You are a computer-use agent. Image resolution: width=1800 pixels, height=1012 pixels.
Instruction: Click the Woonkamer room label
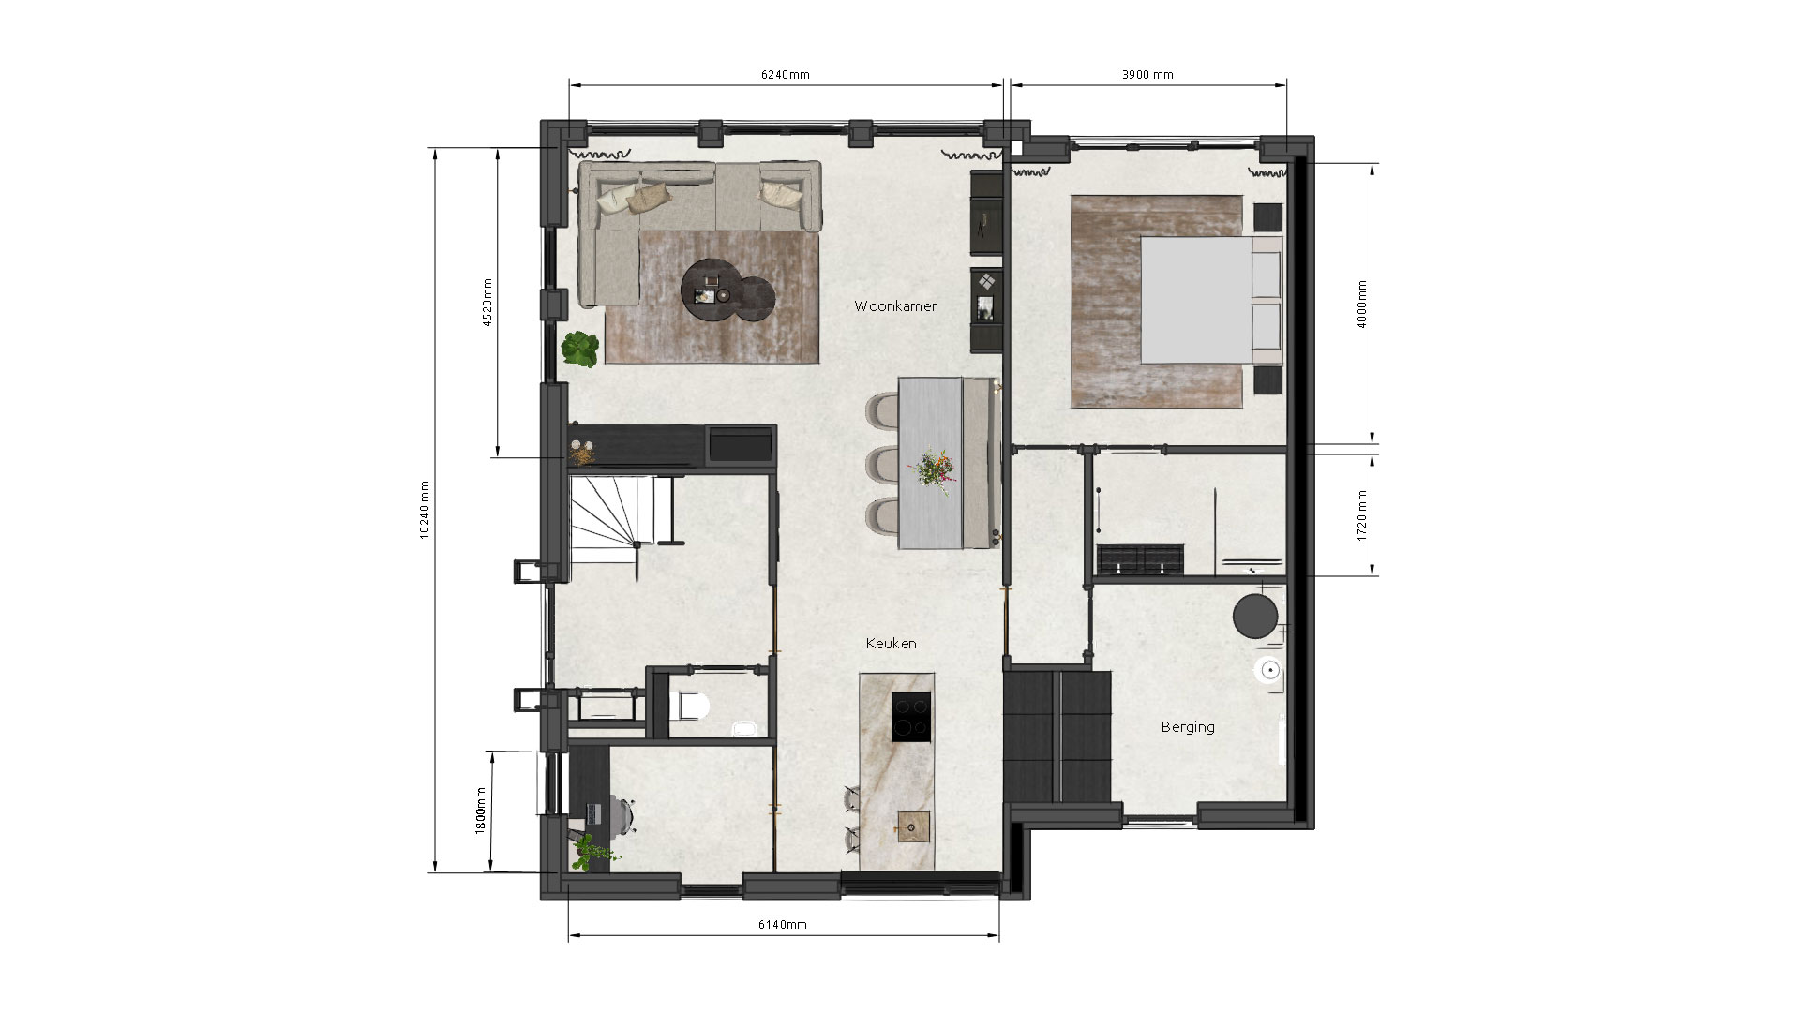pos(895,306)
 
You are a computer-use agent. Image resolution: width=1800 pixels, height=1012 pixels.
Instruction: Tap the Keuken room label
pos(891,644)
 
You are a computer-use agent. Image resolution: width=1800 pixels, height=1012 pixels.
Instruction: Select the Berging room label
pos(1188,727)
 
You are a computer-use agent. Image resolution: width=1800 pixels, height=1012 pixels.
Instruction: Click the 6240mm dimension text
pos(785,75)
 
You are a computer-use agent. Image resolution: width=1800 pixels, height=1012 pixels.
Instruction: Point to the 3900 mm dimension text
pos(1147,75)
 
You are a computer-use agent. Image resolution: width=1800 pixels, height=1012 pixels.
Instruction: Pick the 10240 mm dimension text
pos(425,510)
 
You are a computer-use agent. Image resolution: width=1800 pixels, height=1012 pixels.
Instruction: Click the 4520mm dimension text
pos(487,303)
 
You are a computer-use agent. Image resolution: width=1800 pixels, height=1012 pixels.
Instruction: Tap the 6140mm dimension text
pos(782,925)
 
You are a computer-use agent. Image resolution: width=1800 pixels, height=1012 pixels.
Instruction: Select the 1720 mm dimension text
pos(1362,515)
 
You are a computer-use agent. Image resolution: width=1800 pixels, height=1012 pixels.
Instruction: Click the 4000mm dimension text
pos(1362,304)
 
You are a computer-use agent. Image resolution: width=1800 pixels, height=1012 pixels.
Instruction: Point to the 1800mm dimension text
pos(481,811)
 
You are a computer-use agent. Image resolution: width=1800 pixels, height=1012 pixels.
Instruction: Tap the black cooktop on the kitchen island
pos(911,717)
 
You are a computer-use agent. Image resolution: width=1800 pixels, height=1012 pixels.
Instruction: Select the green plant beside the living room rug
pos(580,349)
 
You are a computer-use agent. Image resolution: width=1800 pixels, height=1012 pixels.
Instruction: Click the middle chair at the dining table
pos(883,464)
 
